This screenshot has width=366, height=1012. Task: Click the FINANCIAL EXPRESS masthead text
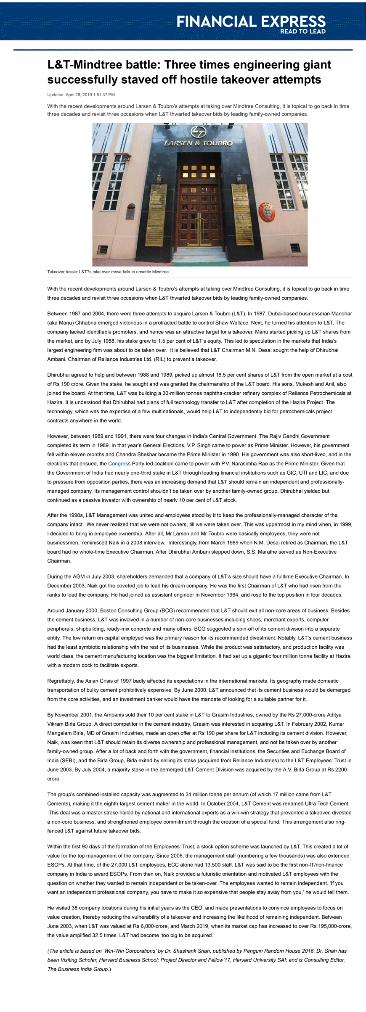point(251,21)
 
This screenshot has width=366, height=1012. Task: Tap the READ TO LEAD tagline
point(302,32)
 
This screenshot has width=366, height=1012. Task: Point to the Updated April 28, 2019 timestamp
point(81,95)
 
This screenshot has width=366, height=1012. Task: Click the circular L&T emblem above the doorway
point(199,132)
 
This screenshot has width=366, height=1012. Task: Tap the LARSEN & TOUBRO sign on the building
point(198,143)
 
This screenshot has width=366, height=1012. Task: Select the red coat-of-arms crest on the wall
point(266,211)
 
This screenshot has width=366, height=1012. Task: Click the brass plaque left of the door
point(156,214)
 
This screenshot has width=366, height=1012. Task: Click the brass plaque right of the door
point(242,214)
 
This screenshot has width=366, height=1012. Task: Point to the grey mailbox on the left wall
point(131,211)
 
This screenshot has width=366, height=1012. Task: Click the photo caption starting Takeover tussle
point(108,272)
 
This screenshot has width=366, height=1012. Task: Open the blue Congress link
point(119,464)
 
